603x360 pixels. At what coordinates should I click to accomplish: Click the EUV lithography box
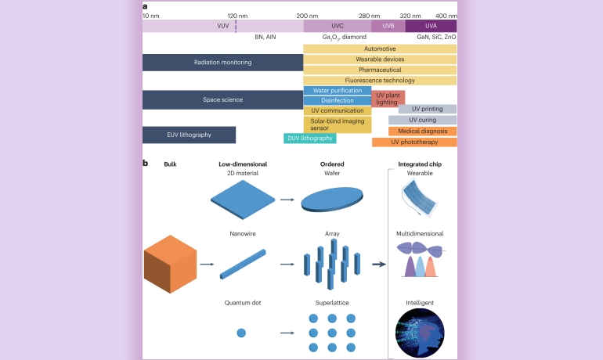[x=189, y=135]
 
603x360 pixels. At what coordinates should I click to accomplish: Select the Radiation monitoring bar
[x=222, y=62]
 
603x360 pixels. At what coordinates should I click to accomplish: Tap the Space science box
[x=222, y=99]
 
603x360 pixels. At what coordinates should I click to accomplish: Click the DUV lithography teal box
[x=310, y=139]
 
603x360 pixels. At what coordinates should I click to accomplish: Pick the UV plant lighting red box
[x=388, y=99]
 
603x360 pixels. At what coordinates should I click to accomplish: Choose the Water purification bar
[x=337, y=90]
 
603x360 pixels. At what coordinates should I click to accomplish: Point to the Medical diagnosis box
[x=422, y=131]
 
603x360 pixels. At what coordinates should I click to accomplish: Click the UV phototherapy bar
[x=414, y=142]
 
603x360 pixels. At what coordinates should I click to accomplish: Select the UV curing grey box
[x=422, y=120]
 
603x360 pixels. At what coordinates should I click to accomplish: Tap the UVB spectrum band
[x=388, y=26]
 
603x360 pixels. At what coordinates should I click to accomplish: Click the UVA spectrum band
[x=431, y=26]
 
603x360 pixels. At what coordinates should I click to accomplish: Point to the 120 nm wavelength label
[x=237, y=16]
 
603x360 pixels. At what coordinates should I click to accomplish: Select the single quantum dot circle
[x=241, y=333]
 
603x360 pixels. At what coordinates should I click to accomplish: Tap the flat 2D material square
[x=243, y=199]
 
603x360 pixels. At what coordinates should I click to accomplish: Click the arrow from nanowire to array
[x=287, y=265]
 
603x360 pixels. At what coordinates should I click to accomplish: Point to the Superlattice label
[x=332, y=302]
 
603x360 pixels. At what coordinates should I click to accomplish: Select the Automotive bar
[x=380, y=49]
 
